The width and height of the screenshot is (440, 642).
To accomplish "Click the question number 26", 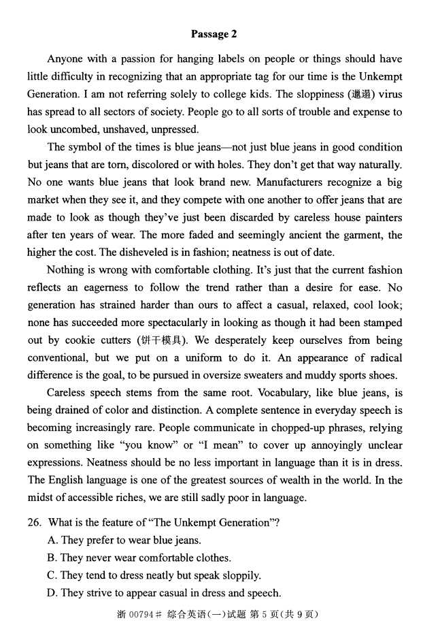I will (34, 523).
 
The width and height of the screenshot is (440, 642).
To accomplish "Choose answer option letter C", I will (52, 575).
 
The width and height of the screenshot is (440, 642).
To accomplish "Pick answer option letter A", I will (52, 541).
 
